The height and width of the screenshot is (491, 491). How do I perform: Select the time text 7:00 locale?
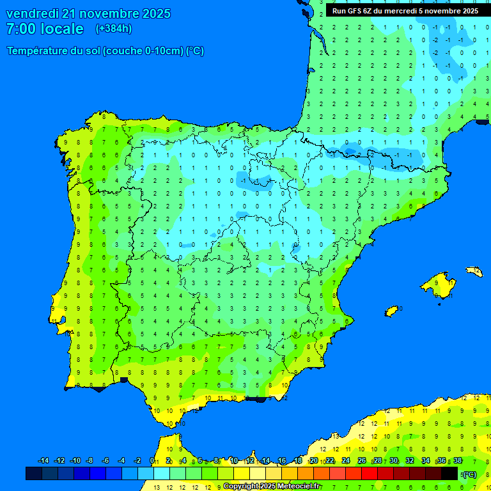[45, 29]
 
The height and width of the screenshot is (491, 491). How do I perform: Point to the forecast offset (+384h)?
[113, 29]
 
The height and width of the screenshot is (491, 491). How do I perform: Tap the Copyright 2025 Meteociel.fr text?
[272, 486]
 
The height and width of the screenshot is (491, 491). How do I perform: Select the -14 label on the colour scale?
[43, 461]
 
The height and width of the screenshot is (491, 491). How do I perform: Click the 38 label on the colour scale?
[458, 461]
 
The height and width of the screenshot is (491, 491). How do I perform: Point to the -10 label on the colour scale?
[75, 461]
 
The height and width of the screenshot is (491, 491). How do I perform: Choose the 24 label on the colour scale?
[346, 461]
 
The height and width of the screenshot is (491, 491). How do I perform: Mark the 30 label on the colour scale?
[394, 461]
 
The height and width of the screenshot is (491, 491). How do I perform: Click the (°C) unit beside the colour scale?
[469, 474]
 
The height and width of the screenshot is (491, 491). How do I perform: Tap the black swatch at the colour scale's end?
[449, 474]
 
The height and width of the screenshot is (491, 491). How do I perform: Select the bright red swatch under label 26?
[370, 474]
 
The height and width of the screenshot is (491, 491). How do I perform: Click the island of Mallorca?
[437, 284]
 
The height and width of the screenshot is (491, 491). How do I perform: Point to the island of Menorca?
[474, 272]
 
